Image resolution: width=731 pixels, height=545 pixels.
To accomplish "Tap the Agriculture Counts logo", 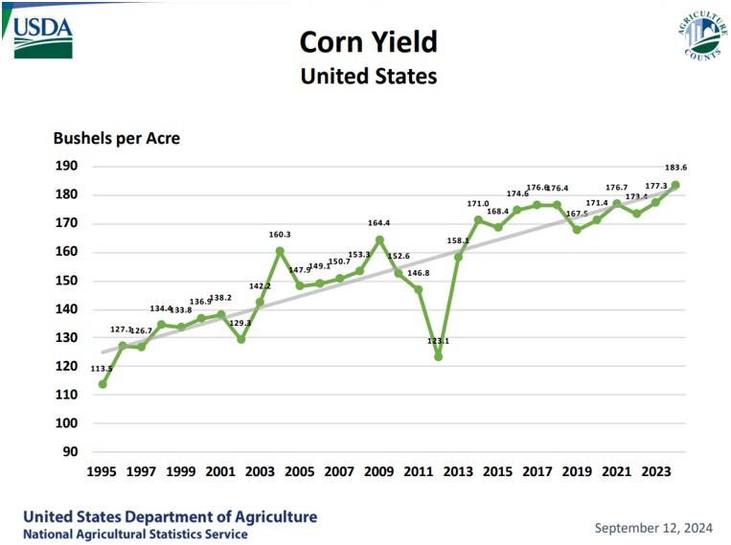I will (697, 37).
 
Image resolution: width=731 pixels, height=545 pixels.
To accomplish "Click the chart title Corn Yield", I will (368, 42).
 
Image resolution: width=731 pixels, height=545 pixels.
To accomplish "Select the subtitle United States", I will (368, 76).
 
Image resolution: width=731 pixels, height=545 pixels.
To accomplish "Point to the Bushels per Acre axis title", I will (116, 138).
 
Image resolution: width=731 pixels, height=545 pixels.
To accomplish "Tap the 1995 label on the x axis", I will (102, 472).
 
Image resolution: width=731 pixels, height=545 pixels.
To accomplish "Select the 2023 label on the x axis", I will (655, 472).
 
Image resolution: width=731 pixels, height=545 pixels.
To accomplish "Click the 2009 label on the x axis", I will (378, 472).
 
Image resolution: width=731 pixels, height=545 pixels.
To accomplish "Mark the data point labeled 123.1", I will (438, 356).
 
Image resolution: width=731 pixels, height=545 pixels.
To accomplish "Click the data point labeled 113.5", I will (103, 384).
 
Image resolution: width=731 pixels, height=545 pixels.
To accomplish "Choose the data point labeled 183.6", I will (675, 185).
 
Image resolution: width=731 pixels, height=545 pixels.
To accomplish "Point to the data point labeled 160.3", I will (280, 251).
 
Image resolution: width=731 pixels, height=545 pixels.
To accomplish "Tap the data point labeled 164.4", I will (379, 239).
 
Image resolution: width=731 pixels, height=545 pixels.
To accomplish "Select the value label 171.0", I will (477, 204).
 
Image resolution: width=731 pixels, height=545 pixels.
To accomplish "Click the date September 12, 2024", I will (654, 528).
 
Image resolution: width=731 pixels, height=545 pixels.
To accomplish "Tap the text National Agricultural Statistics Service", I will (135, 534).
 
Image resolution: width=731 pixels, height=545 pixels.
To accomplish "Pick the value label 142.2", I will (260, 286).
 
